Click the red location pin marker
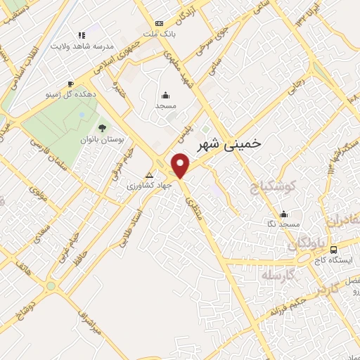coord(181,165)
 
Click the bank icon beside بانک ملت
coord(159,23)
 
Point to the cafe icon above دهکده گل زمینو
coord(70,84)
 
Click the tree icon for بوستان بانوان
coord(102,127)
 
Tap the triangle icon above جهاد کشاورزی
coord(148,174)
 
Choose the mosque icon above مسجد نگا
coord(283,214)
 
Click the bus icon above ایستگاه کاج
coord(333,250)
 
